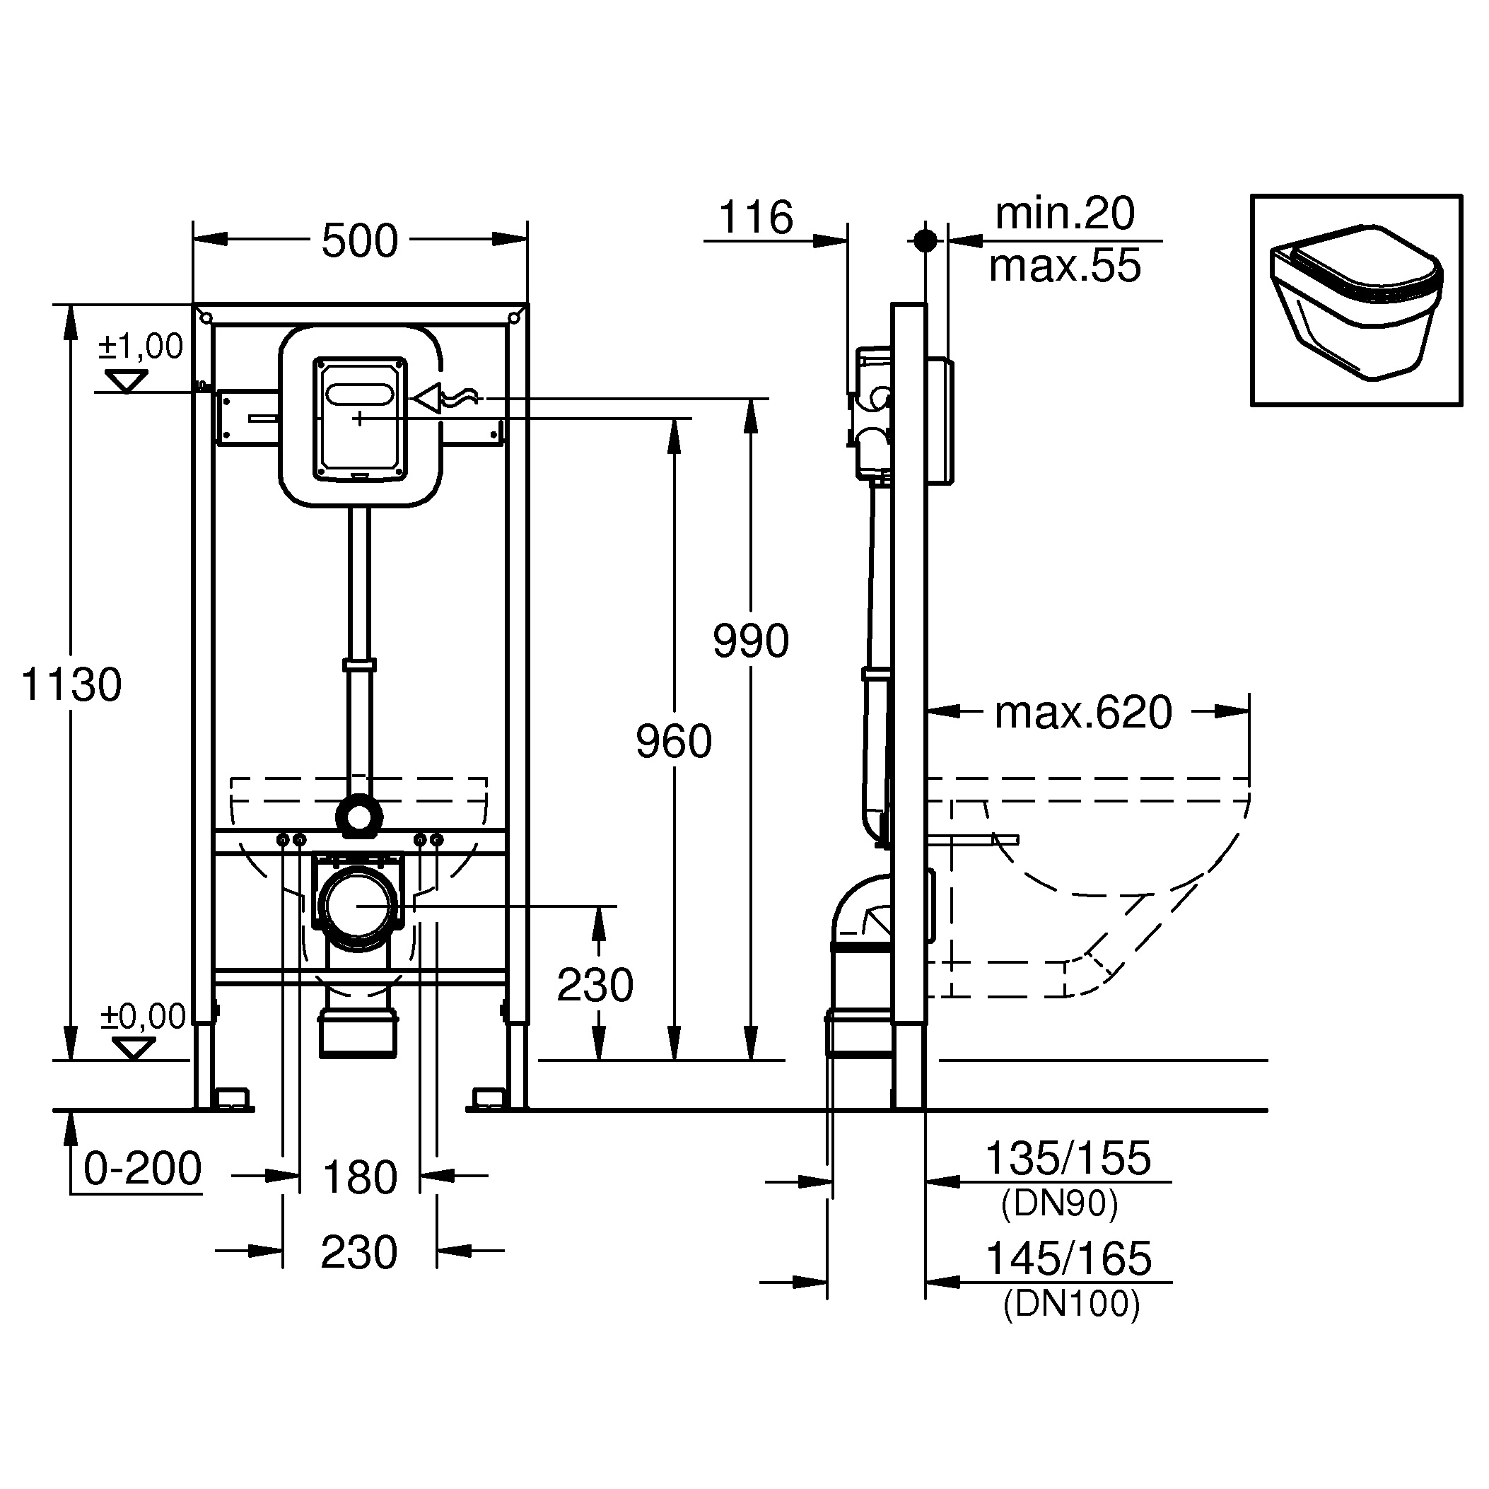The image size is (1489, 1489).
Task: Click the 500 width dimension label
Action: (x=360, y=241)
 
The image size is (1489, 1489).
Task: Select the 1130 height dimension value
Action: (x=71, y=684)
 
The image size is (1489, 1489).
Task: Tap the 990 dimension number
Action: (x=751, y=641)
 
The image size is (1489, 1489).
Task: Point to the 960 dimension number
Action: (x=674, y=742)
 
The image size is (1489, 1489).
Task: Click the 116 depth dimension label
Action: (x=755, y=217)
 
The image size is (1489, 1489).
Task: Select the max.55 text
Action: (x=1064, y=266)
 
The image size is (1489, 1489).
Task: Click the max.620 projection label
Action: (x=1083, y=712)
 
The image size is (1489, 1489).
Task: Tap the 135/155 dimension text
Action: (x=1068, y=1157)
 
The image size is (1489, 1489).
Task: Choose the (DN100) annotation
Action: (x=1071, y=1303)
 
